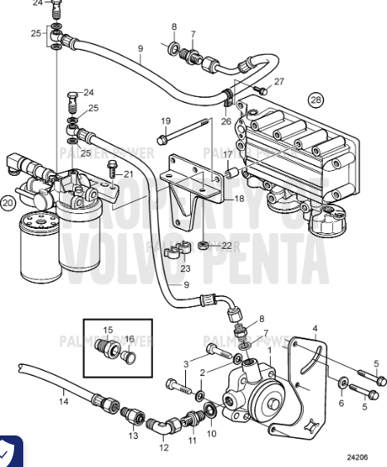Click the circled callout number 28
tap(316, 101)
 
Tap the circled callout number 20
tap(8, 202)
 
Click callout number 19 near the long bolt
tap(165, 121)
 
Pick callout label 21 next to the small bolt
tap(127, 173)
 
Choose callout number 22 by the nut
tap(227, 245)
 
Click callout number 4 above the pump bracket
tap(315, 329)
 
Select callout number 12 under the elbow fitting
tap(164, 447)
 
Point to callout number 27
tap(279, 81)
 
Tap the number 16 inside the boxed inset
tap(129, 338)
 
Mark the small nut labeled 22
tap(203, 246)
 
